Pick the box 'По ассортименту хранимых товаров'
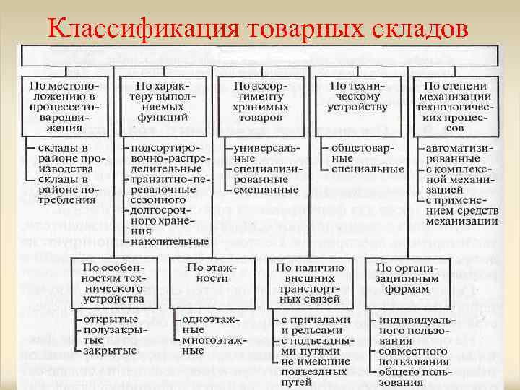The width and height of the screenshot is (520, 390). [x=259, y=101]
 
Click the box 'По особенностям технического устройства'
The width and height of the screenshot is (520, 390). [x=114, y=282]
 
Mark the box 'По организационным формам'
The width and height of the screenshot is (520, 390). [x=409, y=277]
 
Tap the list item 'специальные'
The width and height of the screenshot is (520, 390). [x=368, y=169]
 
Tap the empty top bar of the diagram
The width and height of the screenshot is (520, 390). [x=259, y=56]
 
